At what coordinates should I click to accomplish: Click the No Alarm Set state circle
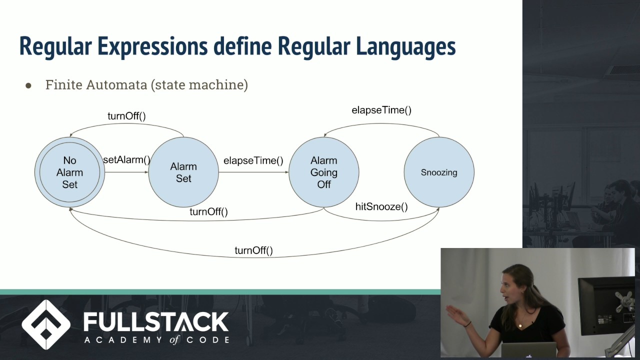point(69,172)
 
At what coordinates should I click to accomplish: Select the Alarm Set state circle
point(183,172)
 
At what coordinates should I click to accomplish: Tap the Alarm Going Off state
point(323,172)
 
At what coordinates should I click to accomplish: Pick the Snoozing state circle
point(439,172)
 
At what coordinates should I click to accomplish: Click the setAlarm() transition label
point(126,160)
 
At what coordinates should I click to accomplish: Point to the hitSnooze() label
point(381,206)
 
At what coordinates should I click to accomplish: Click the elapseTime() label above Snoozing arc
point(381,110)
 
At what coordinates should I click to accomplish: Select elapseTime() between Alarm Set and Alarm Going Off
point(253,160)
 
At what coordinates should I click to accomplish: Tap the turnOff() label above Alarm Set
point(126,116)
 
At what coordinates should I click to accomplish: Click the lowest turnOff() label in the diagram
point(253,250)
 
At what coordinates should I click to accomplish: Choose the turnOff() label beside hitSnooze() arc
point(208,211)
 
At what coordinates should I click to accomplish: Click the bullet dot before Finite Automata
point(28,86)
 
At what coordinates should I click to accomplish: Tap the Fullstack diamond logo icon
point(46,325)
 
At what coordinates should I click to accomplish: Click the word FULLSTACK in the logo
point(156,322)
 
